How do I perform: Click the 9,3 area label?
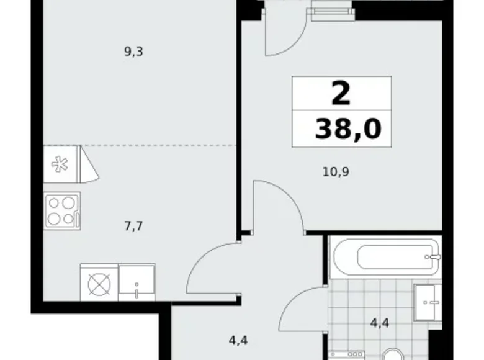[x=133, y=52]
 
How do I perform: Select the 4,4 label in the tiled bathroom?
[x=379, y=323]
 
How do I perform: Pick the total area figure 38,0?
[x=348, y=130]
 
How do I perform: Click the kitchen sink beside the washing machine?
[x=137, y=283]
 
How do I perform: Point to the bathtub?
[x=385, y=255]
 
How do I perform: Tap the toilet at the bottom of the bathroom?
[x=392, y=355]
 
